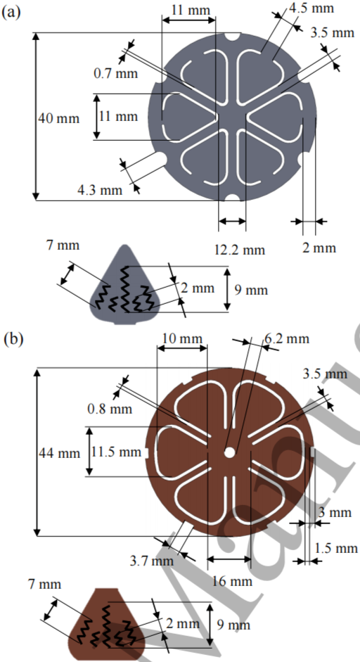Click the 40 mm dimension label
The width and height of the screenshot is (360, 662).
click(x=58, y=117)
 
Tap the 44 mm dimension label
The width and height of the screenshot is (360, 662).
click(x=59, y=453)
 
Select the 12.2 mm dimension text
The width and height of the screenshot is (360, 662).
click(x=240, y=250)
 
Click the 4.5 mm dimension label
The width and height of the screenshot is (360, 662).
click(x=311, y=8)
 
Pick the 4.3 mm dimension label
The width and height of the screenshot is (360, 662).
click(x=100, y=190)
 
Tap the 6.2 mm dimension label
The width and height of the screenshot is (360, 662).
click(x=287, y=338)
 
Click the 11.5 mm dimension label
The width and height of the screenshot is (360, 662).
click(x=117, y=452)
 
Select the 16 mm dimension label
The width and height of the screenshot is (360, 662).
click(x=232, y=581)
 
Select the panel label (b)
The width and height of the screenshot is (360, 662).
click(x=11, y=340)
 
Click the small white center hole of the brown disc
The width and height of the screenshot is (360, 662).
click(x=230, y=452)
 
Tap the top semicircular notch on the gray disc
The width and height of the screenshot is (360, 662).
click(x=232, y=37)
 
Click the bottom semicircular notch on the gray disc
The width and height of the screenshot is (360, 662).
click(x=232, y=197)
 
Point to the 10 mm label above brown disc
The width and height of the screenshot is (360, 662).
click(x=182, y=339)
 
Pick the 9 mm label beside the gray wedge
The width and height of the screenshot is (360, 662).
click(x=251, y=290)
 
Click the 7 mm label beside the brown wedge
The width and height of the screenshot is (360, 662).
click(x=45, y=585)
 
